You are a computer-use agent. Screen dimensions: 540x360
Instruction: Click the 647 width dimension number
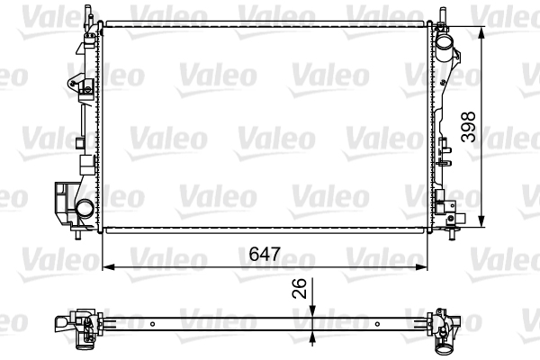pyautogui.click(x=265, y=254)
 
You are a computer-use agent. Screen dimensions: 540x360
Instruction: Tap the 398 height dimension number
pyautogui.click(x=468, y=127)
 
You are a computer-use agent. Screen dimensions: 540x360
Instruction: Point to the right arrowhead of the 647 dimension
pyautogui.click(x=421, y=267)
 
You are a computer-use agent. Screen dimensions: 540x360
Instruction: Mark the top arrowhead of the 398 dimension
pyautogui.click(x=481, y=32)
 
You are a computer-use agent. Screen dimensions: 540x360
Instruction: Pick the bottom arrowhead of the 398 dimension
pyautogui.click(x=481, y=221)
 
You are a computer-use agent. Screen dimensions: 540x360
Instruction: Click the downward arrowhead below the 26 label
pyautogui.click(x=312, y=310)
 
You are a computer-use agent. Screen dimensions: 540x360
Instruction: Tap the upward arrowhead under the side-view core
pyautogui.click(x=312, y=337)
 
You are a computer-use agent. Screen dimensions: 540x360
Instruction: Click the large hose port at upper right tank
pyautogui.click(x=445, y=44)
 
